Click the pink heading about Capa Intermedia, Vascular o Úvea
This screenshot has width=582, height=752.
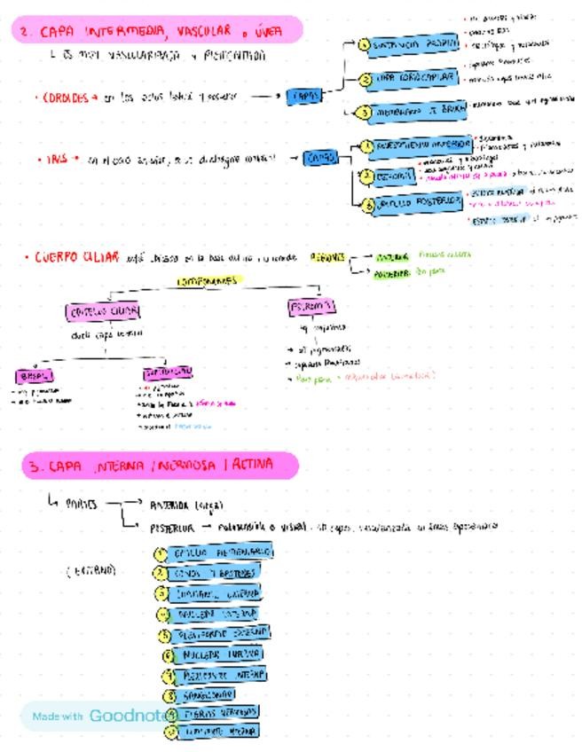click(x=159, y=32)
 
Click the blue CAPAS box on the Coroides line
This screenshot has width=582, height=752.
click(x=303, y=96)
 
